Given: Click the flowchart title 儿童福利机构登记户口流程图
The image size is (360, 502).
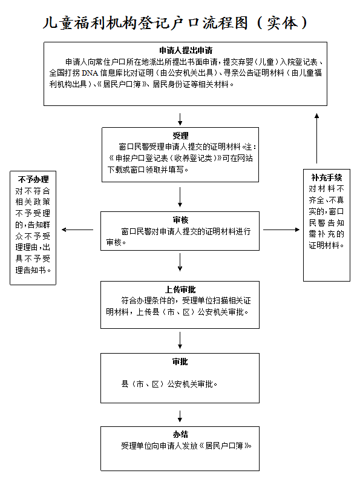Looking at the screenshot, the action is point(146,23).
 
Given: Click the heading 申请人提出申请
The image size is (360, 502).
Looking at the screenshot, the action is point(186,50).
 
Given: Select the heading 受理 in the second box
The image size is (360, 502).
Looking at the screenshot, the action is point(180,136).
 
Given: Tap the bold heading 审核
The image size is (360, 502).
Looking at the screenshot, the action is point(180,220).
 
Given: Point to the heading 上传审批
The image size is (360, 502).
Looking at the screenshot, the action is point(180,289).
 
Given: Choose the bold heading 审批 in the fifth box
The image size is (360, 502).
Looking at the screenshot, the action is point(180,362).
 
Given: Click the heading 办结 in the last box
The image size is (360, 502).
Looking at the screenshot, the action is point(180,434).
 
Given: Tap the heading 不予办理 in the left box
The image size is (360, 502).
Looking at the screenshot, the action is point(33,179).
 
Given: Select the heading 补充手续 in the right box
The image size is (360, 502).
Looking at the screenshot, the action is point(326,177).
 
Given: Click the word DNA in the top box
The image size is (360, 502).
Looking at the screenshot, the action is point(90,73).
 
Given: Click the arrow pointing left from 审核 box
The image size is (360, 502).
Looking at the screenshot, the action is point(77,230).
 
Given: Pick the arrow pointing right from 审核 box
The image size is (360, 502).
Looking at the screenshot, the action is point(281,230).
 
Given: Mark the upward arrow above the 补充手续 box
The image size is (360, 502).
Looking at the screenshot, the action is point(316,138).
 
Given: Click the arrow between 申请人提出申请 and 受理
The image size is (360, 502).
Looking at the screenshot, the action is point(180,119).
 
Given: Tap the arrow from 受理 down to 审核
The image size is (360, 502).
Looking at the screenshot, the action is point(180,197).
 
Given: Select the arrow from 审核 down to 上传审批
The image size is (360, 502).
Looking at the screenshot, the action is point(180,262).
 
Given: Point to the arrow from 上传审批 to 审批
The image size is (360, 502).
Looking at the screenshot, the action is point(180,340).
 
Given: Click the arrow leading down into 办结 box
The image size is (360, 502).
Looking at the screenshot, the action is point(180,416).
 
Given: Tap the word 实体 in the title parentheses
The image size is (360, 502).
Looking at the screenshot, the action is point(282,23).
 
